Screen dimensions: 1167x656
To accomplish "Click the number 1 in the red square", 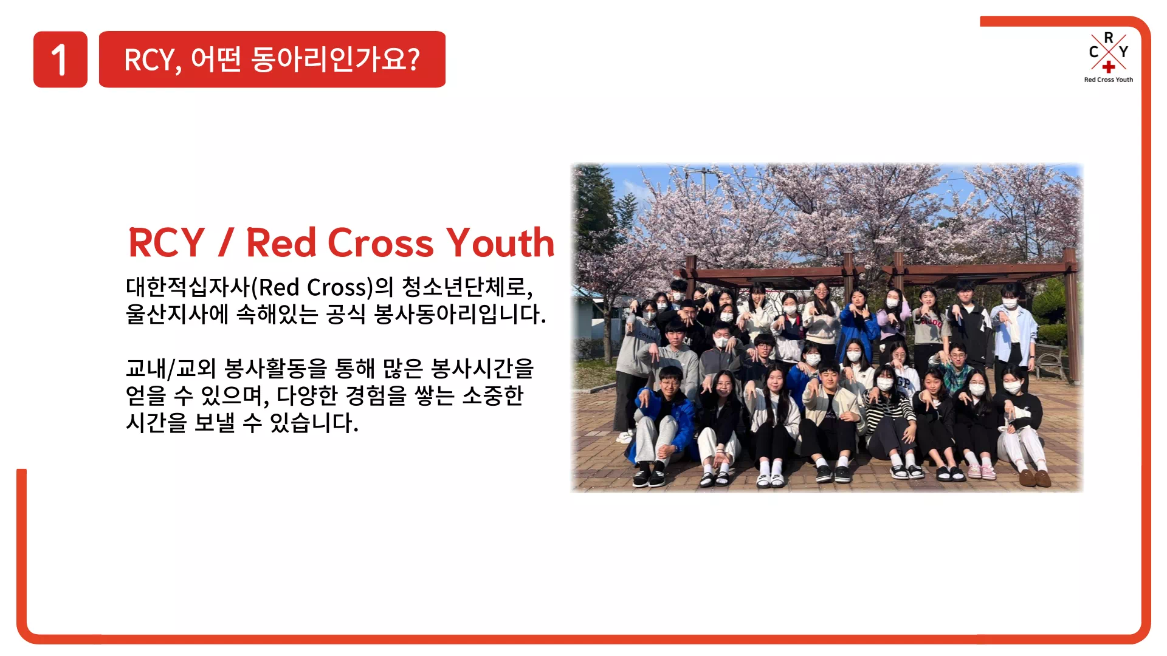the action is tap(59, 60).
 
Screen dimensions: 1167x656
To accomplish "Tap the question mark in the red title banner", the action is tap(413, 59).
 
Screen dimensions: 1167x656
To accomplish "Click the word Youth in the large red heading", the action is tap(500, 243).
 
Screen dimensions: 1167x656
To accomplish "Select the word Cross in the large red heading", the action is tap(381, 243).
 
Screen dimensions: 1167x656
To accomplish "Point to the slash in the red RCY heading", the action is tap(225, 242).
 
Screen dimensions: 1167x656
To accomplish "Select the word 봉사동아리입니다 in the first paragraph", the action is tap(460, 314).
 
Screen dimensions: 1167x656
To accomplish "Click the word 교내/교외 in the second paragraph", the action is tap(171, 368).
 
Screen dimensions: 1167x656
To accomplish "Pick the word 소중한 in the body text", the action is tap(493, 395).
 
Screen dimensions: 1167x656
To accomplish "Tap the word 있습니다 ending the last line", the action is tap(314, 422).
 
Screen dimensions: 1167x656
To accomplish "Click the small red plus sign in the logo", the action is tap(1109, 67).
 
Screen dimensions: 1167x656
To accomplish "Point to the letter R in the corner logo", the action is tap(1109, 38).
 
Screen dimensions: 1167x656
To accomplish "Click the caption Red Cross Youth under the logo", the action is tap(1109, 80).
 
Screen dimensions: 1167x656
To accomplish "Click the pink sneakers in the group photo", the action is tap(981, 471).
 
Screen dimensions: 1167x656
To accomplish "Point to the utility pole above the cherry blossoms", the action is tap(705, 182).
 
